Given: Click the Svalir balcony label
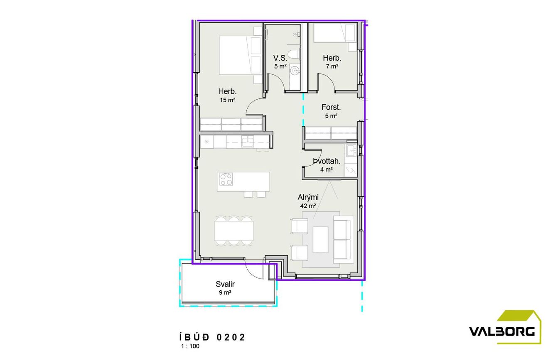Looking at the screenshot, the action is tap(225, 284).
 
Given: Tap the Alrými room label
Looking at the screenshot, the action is tap(308, 197).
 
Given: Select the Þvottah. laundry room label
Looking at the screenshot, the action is tap(327, 161).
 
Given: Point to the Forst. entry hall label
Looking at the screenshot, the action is tap(331, 107).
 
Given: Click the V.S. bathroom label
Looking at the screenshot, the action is tap(280, 58).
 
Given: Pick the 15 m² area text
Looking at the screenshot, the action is tap(227, 100).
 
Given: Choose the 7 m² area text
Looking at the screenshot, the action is tap(332, 66).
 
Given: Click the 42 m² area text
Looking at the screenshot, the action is tap(308, 206).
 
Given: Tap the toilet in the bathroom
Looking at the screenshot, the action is tap(294, 54).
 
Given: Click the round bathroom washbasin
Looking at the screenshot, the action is tap(294, 71).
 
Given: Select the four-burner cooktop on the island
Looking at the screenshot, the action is tap(226, 179).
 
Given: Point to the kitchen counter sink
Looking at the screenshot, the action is tap(247, 142).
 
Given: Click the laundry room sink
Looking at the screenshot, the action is tap(351, 150).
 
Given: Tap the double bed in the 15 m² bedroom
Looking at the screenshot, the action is tap(241, 55).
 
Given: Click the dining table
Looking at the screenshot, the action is tap(234, 231).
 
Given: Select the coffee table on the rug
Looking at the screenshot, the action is tap(320, 240).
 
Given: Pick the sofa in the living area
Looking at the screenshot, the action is tap(344, 239).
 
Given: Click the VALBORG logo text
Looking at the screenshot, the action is tap(501, 331).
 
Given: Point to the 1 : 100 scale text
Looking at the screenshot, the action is tap(190, 346).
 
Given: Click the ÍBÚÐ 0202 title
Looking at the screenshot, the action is tap(212, 337).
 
